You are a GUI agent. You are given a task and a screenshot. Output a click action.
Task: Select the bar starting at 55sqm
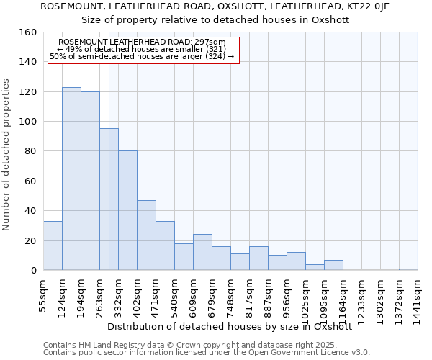pos(53,246)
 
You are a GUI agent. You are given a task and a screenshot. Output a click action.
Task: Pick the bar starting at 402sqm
pos(146,235)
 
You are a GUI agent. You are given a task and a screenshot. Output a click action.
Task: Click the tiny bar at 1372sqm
pos(408,269)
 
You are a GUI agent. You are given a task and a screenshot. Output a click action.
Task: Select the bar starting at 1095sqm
pos(333,265)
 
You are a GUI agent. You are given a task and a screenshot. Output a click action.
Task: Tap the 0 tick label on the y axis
pos(34,271)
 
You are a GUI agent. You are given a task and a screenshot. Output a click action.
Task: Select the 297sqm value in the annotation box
pos(210,42)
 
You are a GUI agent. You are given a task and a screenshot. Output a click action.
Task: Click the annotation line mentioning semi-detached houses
pos(142,57)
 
